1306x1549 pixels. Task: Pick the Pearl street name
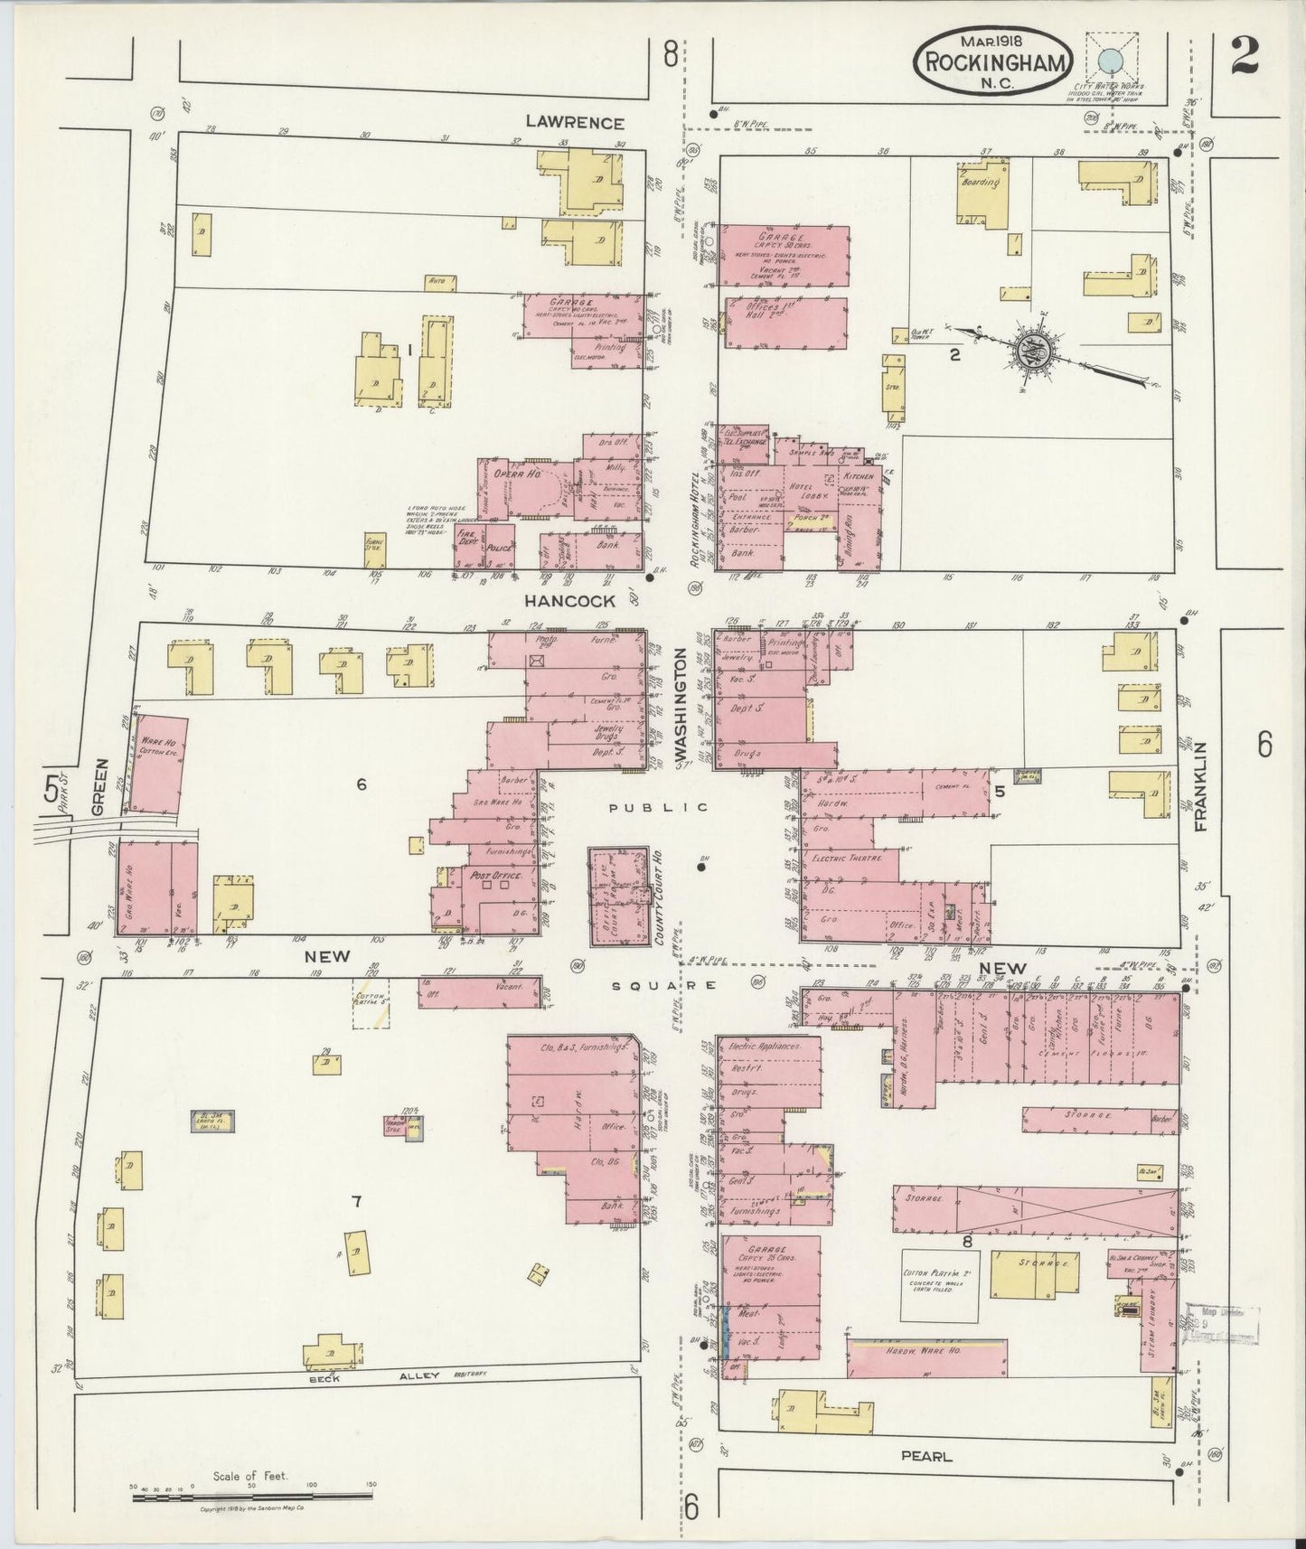[x=926, y=1457]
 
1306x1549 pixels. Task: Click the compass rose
[x=1032, y=351]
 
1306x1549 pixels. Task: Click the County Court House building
[x=619, y=896]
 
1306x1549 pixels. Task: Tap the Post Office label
[x=492, y=875]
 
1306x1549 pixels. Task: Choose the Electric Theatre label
[x=846, y=857]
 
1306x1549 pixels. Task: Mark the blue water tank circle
[x=1108, y=61]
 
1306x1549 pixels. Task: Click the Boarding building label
[x=981, y=182]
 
